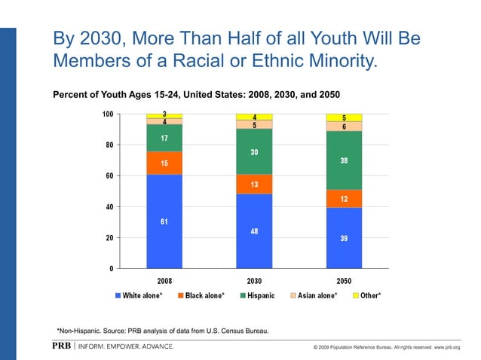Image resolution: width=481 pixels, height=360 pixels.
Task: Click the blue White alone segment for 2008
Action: [164, 221]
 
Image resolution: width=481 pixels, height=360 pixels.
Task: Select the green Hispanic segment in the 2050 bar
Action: [344, 160]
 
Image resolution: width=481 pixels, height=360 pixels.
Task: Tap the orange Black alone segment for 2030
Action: [254, 185]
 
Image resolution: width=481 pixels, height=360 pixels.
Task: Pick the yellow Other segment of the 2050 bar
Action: [344, 117]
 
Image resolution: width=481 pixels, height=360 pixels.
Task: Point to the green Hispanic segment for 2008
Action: [164, 138]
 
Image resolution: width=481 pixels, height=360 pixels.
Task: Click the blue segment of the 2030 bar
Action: [254, 231]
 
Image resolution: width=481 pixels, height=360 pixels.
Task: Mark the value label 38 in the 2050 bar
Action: [344, 160]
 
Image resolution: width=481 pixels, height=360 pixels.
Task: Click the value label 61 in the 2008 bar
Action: [164, 221]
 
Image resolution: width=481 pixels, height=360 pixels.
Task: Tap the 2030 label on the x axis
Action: [254, 280]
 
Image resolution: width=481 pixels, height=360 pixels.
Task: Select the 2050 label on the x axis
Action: [344, 280]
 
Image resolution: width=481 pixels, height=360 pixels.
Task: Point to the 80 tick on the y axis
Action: [108, 145]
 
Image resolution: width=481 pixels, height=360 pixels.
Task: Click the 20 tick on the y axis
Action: [108, 238]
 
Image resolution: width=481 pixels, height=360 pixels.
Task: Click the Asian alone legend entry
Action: [317, 295]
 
